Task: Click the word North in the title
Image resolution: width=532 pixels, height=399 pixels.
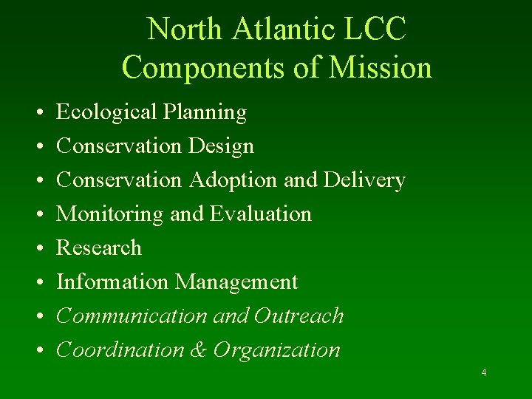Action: coord(185,30)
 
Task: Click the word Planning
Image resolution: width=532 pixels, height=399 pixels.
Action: coord(205,112)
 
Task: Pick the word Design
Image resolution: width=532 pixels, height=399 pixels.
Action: coord(221,146)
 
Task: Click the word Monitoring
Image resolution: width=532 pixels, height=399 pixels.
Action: coord(110,214)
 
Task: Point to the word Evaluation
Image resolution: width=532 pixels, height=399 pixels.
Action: coord(261,214)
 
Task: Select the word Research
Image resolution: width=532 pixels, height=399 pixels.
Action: coord(99,248)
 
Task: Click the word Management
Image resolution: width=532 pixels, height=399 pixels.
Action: coord(236,282)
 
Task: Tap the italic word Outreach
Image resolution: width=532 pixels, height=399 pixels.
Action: coord(299,316)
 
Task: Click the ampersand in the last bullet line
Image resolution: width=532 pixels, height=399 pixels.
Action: coord(198,350)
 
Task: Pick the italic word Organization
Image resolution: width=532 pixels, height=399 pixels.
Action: coord(277,350)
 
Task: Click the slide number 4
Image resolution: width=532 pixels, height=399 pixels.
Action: coord(484,372)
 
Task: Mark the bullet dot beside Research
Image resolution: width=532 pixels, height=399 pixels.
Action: coord(36,249)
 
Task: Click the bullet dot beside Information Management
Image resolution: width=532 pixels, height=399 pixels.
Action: coord(36,283)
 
